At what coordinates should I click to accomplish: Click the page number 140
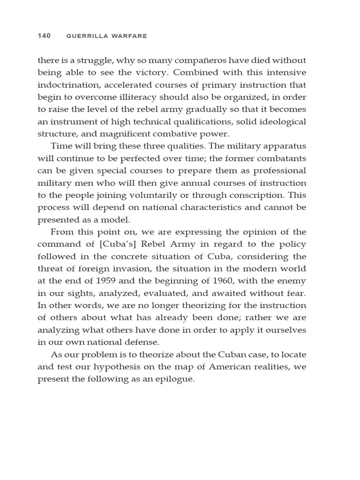(x=44, y=36)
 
